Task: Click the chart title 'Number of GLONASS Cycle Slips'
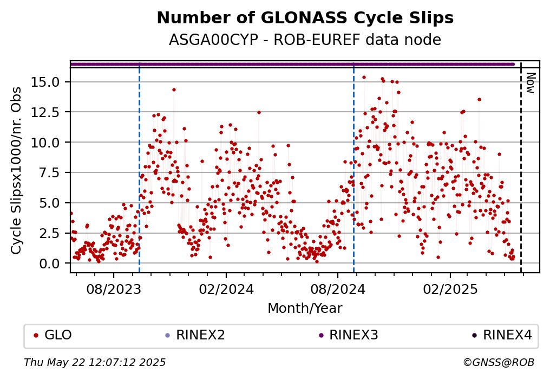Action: (305, 18)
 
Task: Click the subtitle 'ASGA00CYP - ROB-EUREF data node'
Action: (305, 40)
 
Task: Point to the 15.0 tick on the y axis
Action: (45, 82)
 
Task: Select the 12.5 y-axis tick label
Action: (45, 112)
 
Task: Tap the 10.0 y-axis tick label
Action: (45, 142)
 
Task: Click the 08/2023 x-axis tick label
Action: (114, 290)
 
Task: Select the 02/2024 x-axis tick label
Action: (226, 290)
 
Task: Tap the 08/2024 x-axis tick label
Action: (338, 290)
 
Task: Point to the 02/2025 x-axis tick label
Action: (450, 290)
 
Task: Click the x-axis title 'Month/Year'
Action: (305, 309)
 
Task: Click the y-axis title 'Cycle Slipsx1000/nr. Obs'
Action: (16, 170)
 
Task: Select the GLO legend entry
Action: (53, 335)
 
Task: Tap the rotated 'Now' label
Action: (531, 83)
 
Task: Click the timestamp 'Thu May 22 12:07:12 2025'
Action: (95, 362)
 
